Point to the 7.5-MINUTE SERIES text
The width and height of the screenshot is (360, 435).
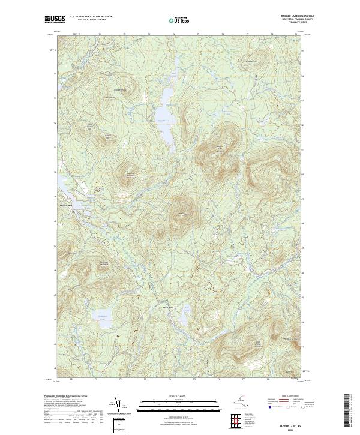tap(285, 22)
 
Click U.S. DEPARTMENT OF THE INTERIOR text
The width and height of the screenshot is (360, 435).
tap(91, 17)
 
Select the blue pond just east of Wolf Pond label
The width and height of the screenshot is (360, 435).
tap(186, 315)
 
